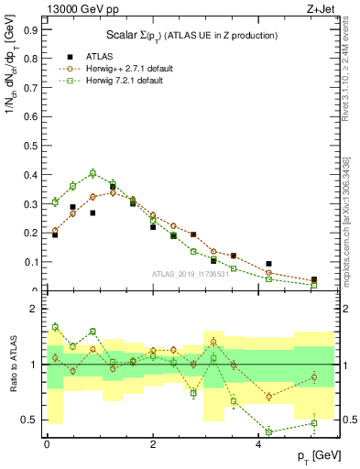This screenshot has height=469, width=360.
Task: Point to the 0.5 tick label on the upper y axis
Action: tap(30, 146)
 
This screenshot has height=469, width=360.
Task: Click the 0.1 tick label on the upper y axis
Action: tap(30, 262)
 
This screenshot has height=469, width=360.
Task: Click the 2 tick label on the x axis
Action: tap(153, 443)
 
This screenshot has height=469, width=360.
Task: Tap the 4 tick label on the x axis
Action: tap(258, 443)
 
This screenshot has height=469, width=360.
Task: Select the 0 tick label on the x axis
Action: tap(47, 443)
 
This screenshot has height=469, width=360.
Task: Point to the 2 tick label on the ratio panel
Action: tap(33, 310)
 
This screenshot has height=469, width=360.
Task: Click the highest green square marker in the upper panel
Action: tap(93, 172)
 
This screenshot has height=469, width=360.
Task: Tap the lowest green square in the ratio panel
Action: tap(269, 431)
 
